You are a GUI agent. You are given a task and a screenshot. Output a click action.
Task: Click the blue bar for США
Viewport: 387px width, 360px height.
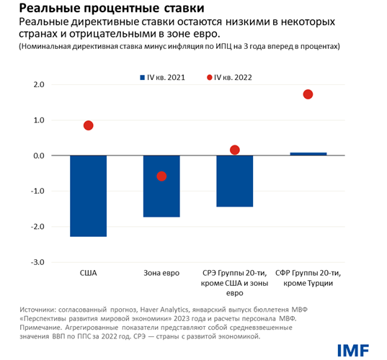click(88, 196)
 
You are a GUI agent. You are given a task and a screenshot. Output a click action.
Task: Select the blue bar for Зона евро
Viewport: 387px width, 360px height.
click(161, 186)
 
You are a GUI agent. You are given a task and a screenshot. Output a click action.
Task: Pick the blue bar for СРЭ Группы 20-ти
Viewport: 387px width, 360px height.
click(234, 181)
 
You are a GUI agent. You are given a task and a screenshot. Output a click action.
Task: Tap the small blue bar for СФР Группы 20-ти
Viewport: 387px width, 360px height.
click(308, 153)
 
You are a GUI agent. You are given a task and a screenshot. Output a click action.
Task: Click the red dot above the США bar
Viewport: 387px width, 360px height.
click(88, 125)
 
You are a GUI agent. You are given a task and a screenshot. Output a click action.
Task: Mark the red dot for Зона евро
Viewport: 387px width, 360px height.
click(161, 176)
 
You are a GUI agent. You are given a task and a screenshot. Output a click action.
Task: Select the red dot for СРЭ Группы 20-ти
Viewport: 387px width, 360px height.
click(234, 150)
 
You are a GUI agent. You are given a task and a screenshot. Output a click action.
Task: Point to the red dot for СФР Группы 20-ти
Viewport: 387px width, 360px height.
click(308, 94)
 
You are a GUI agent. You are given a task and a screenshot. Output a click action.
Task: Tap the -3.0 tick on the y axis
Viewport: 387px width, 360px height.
click(37, 262)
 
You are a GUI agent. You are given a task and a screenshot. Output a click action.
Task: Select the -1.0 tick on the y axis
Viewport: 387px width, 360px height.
click(37, 192)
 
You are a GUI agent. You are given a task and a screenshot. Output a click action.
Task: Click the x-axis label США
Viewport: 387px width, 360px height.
click(88, 274)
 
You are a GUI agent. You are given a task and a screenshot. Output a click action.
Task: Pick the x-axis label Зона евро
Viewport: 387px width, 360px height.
click(161, 274)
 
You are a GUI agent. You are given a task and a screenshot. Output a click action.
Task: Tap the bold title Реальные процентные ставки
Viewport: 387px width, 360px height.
click(87, 9)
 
